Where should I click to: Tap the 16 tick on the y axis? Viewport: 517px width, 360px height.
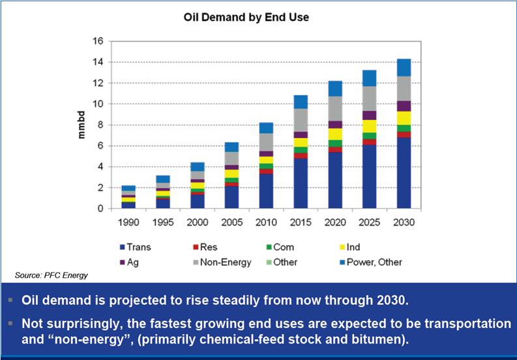tap(98, 41)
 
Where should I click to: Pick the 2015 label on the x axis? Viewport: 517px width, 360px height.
tap(299, 222)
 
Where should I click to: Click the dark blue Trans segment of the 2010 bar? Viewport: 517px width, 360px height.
tap(267, 191)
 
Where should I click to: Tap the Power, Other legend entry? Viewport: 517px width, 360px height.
tap(371, 262)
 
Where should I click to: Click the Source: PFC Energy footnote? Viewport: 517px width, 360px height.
tap(51, 276)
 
